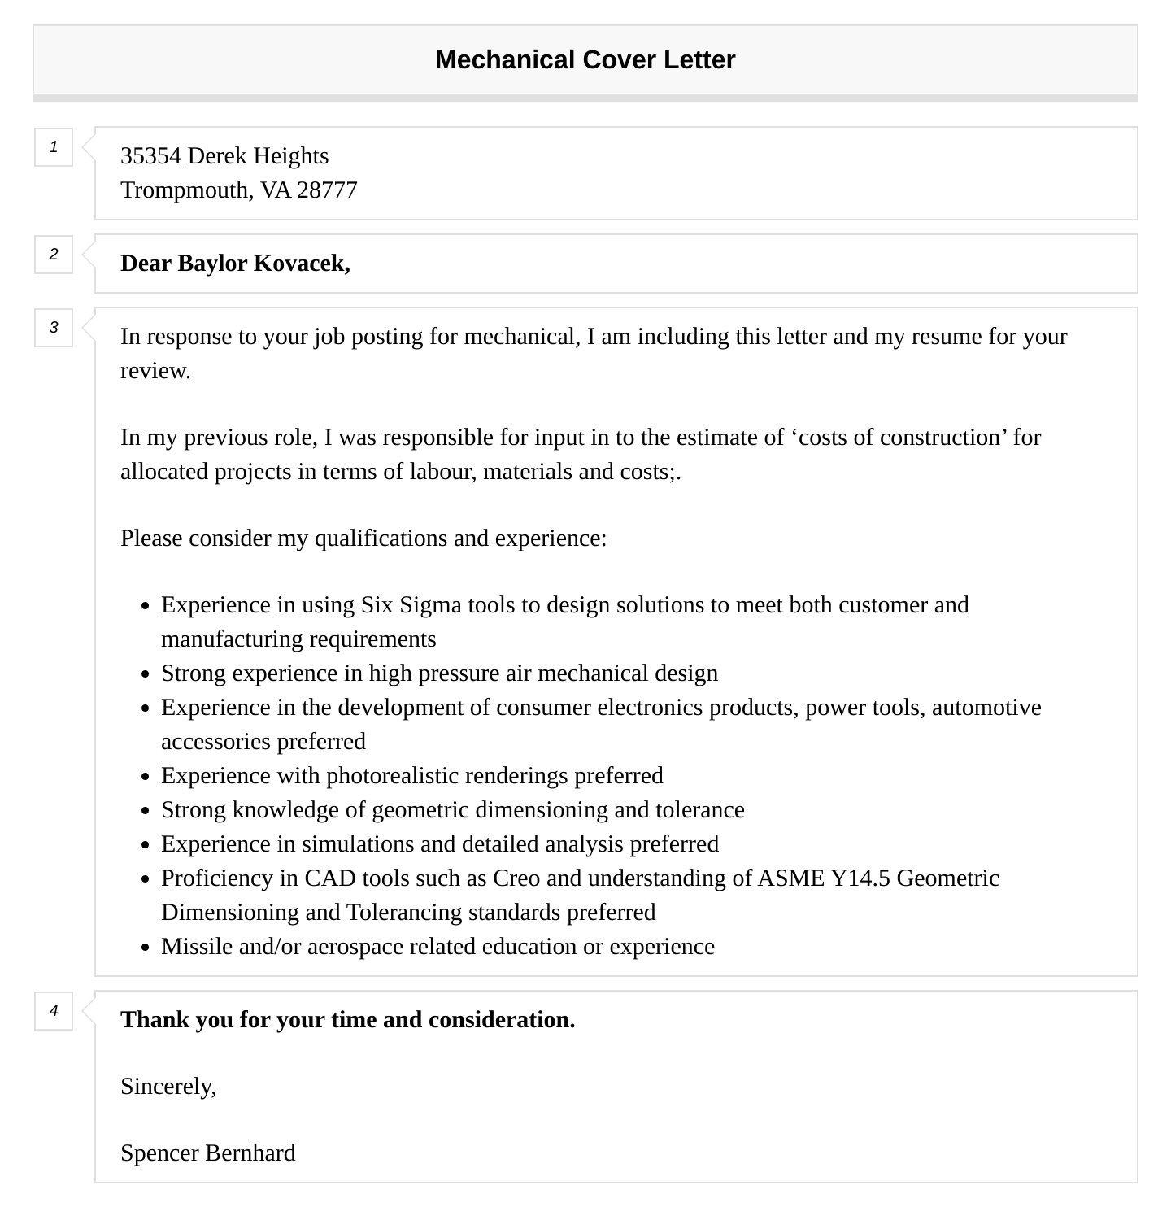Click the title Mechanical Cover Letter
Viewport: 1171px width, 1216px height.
pos(585,59)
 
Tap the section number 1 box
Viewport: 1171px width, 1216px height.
pos(54,147)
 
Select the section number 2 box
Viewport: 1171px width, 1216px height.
pos(54,255)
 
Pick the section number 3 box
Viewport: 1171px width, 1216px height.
pos(54,328)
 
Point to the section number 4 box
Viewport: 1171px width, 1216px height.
pos(54,1011)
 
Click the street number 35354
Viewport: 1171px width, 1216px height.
pos(150,155)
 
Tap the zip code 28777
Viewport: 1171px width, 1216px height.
pos(327,190)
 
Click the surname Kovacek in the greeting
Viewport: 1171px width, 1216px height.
pos(302,263)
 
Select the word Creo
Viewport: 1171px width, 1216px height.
pos(516,878)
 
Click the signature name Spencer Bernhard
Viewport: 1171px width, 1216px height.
pos(207,1153)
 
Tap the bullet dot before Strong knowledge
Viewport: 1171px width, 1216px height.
pos(145,811)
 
